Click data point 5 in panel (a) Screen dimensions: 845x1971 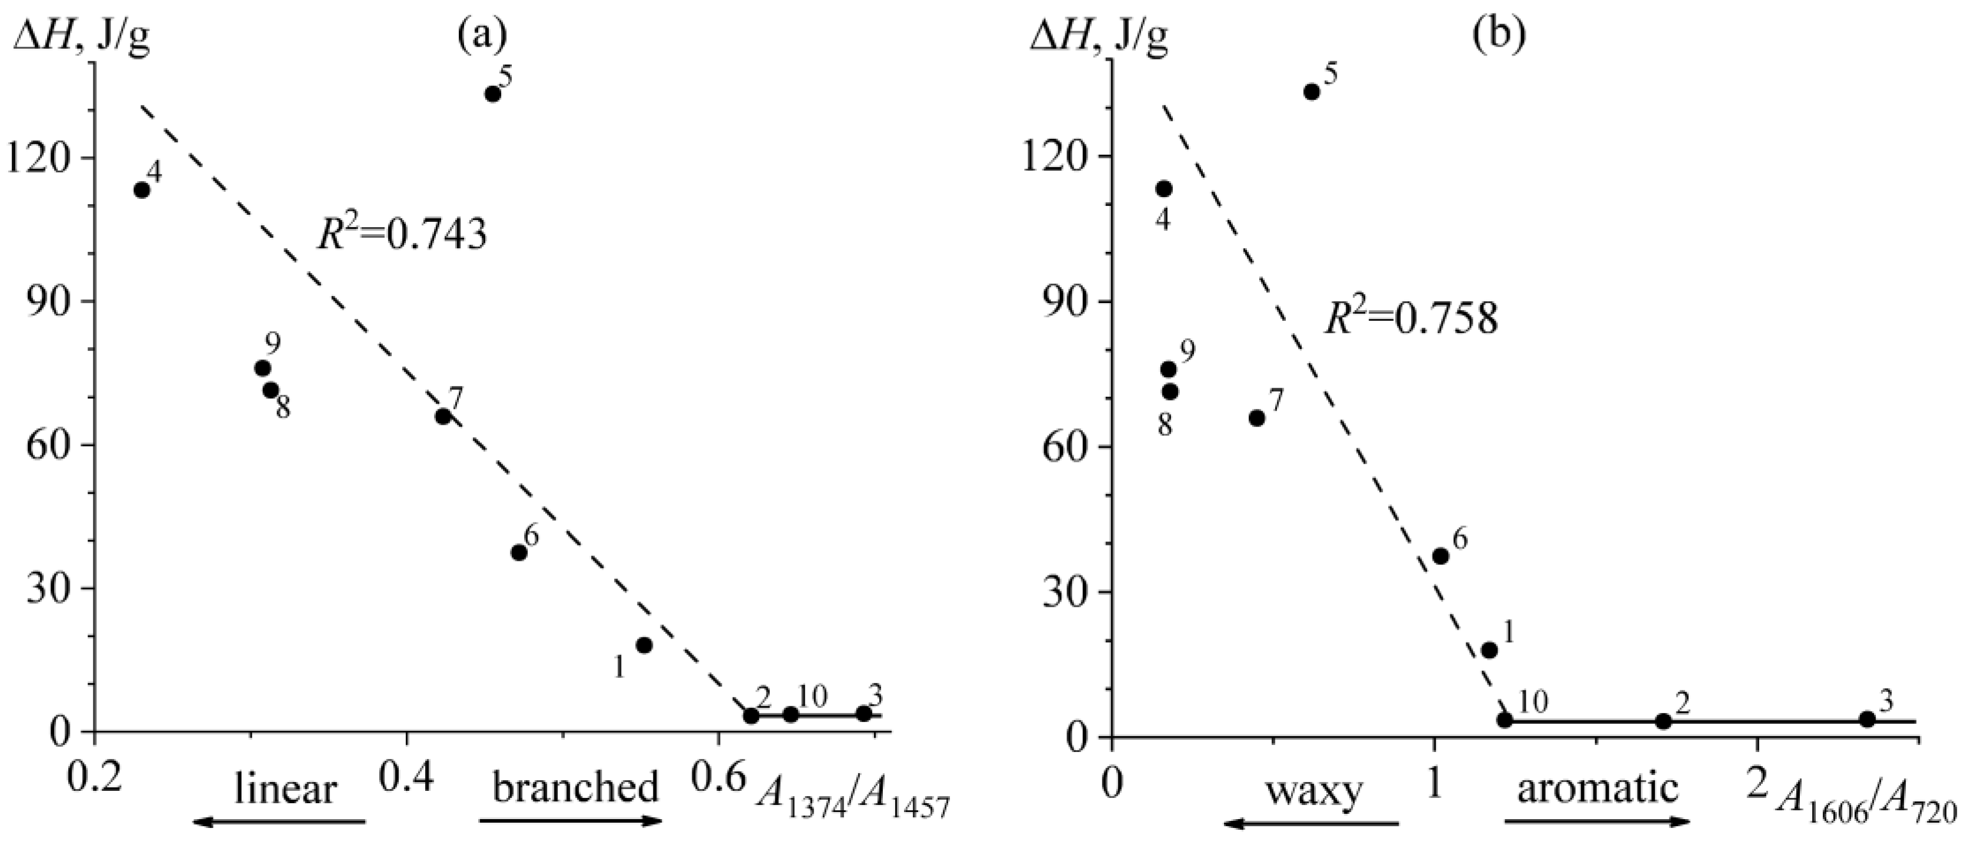493,94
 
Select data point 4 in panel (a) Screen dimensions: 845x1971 142,190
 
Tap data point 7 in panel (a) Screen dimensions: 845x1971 443,417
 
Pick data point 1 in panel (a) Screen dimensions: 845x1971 644,646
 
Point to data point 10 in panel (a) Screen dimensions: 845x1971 791,714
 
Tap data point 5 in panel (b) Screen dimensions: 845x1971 1312,92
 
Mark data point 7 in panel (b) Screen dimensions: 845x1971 1256,418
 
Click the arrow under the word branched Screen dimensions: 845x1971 570,821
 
